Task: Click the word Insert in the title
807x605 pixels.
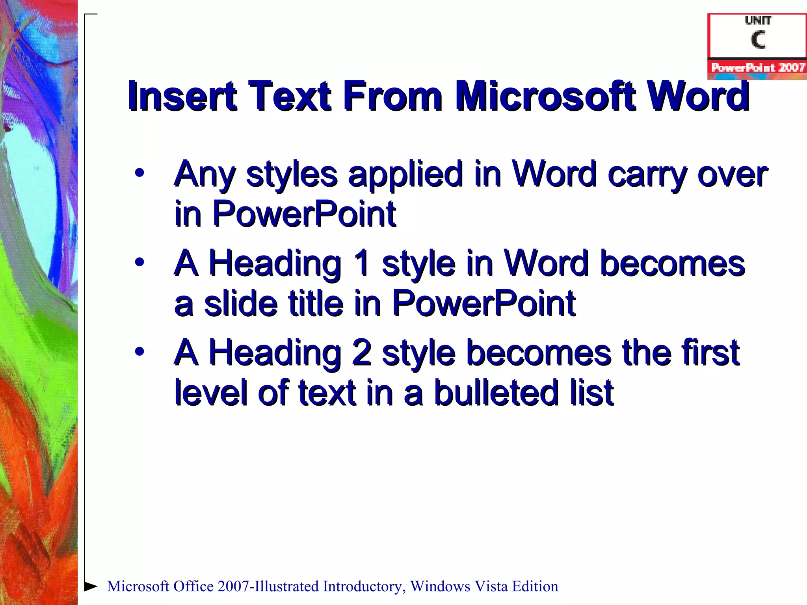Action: [182, 96]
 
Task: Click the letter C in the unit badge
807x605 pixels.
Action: [758, 40]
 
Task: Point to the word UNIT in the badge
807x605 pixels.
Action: [758, 20]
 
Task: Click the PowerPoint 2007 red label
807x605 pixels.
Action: [757, 67]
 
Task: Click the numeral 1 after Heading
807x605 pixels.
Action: [361, 263]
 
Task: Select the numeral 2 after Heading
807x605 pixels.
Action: [361, 353]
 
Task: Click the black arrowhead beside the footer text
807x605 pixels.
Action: [91, 586]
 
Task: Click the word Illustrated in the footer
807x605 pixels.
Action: [287, 586]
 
